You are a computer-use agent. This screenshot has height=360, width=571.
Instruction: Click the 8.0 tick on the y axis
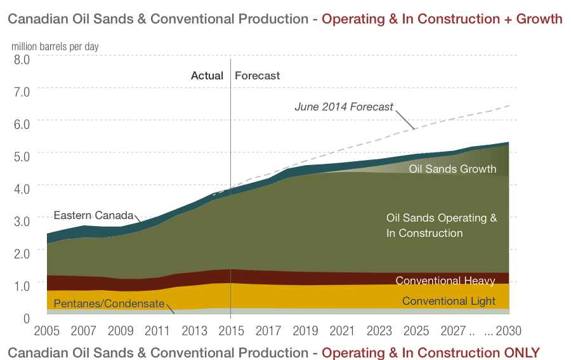click(22, 60)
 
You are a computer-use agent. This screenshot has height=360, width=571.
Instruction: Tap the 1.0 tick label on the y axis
click(22, 286)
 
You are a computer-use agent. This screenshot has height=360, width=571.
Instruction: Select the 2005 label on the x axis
click(48, 332)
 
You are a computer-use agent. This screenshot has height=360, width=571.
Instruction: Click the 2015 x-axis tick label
click(230, 332)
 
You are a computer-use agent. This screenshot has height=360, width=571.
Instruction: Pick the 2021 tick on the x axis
click(342, 332)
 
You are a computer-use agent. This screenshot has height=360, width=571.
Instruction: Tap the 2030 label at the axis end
click(508, 332)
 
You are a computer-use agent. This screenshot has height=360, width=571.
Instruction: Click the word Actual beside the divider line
click(207, 76)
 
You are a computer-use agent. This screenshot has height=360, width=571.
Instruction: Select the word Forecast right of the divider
click(257, 76)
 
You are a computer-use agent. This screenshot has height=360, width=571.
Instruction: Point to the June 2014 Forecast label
click(344, 107)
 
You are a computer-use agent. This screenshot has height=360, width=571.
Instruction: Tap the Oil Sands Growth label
click(452, 170)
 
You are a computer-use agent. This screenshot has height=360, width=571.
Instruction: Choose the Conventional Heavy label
click(445, 281)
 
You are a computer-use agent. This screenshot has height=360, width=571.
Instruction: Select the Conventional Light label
click(449, 301)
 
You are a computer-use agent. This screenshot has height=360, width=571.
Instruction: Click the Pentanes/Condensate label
click(108, 303)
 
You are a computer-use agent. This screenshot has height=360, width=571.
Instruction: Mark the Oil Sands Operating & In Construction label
click(442, 225)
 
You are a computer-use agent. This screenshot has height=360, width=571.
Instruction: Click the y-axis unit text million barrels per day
click(55, 46)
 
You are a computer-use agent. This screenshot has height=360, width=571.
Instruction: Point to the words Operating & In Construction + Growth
click(442, 19)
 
